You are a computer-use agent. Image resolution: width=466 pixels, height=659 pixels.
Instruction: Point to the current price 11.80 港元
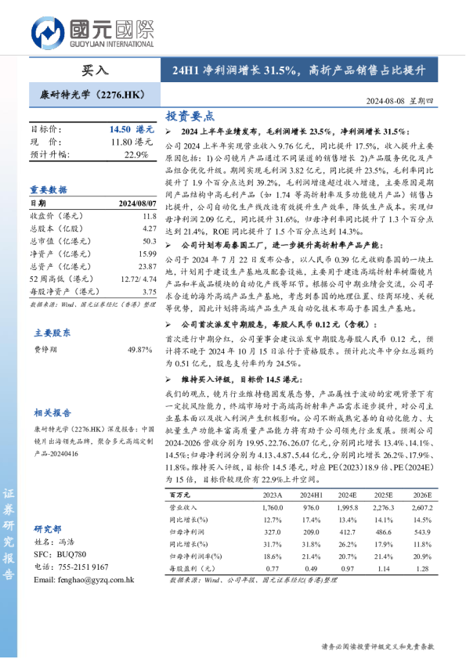point(132,142)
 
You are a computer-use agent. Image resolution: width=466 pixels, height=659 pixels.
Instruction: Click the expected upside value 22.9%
point(136,155)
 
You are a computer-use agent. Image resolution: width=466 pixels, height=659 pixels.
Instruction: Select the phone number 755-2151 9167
point(87,567)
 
